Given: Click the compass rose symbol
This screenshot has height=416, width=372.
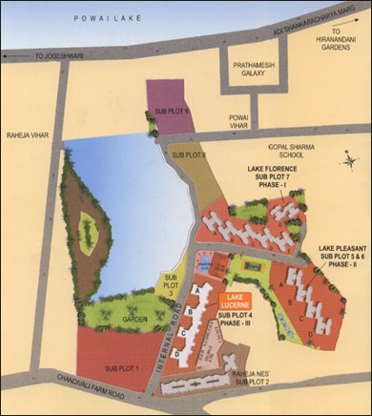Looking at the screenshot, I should click(348, 162).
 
